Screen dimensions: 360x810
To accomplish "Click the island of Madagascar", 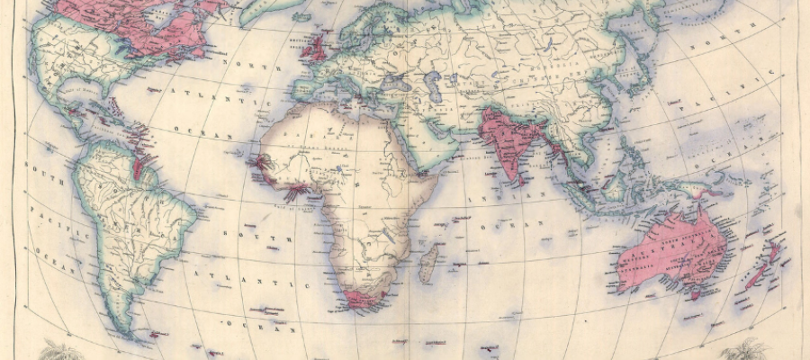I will click(430, 262).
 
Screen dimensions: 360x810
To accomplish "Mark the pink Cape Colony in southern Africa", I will click(364, 298).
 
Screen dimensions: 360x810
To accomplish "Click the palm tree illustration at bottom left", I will click(58, 349).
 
